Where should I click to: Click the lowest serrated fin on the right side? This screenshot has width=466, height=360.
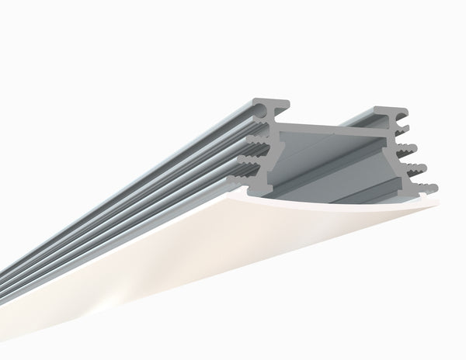click(x=426, y=187)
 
